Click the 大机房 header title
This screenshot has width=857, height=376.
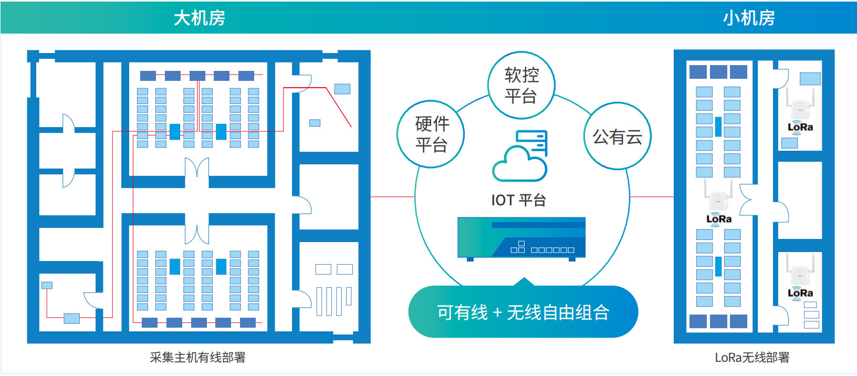click(x=199, y=18)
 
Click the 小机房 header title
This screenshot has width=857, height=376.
click(x=748, y=18)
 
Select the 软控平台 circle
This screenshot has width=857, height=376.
click(x=521, y=85)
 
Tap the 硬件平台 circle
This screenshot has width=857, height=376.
click(x=431, y=134)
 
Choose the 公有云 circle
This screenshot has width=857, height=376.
click(x=618, y=137)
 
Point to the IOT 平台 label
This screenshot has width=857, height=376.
click(x=518, y=200)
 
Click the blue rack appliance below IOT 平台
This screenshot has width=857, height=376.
click(x=521, y=238)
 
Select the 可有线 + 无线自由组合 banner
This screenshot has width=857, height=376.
click(x=523, y=312)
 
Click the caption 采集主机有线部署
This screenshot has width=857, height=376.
click(x=197, y=358)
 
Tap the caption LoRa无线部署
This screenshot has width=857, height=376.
click(x=752, y=358)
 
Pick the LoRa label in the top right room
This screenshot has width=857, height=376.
click(x=800, y=127)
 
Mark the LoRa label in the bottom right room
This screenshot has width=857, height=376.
click(x=800, y=293)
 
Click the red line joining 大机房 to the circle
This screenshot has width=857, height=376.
click(x=392, y=197)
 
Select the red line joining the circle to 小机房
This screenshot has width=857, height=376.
click(x=652, y=197)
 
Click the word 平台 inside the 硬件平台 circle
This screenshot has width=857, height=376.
click(x=431, y=144)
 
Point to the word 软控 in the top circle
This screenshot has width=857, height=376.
click(x=521, y=75)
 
